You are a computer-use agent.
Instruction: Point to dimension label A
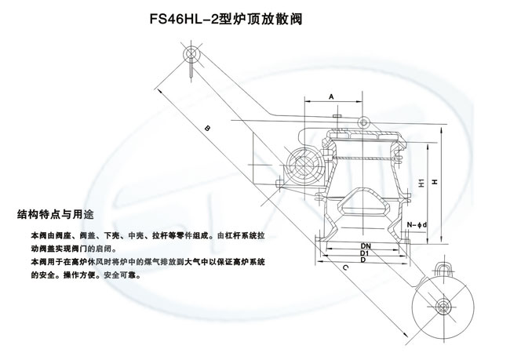[x=333, y=96]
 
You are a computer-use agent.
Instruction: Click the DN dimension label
[x=365, y=245]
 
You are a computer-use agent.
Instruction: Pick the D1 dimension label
[x=365, y=253]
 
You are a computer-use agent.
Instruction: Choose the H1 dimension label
[x=421, y=183]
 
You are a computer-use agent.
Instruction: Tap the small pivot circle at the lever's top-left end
[x=192, y=55]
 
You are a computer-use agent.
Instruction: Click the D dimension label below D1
[x=365, y=260]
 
